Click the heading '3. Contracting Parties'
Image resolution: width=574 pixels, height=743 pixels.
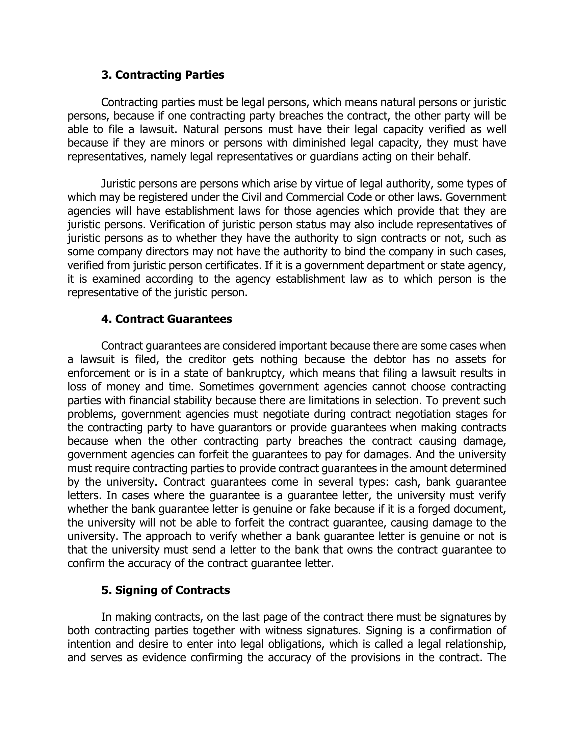coord(163,75)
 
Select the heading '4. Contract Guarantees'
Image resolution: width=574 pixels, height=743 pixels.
coord(166,319)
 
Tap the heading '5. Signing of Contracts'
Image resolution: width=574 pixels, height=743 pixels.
coord(165,590)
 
